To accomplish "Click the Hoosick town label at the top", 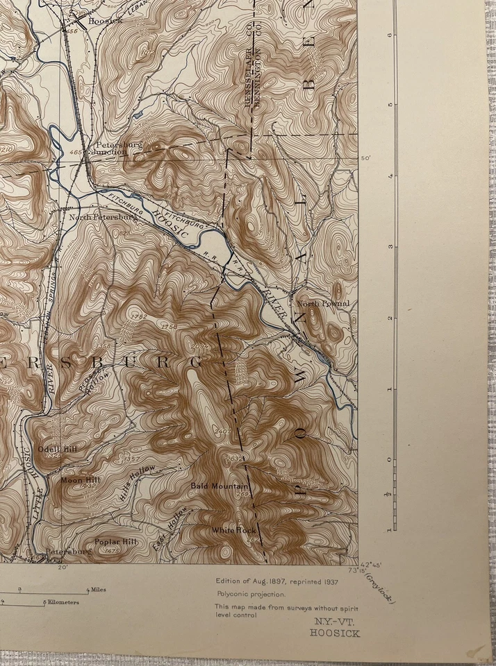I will pyautogui.click(x=106, y=21).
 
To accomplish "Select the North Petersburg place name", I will pyautogui.click(x=103, y=217).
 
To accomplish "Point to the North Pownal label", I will pyautogui.click(x=323, y=304).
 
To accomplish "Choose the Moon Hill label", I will pyautogui.click(x=80, y=479).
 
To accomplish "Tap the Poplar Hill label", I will pyautogui.click(x=116, y=541).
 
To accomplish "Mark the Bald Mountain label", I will pyautogui.click(x=220, y=486).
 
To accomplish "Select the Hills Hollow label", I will pyautogui.click(x=137, y=483).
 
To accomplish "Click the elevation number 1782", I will pyautogui.click(x=139, y=316).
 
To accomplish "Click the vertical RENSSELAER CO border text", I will pyautogui.click(x=247, y=76).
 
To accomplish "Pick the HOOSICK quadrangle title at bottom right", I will pyautogui.click(x=335, y=633).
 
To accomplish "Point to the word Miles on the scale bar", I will pyautogui.click(x=97, y=590).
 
